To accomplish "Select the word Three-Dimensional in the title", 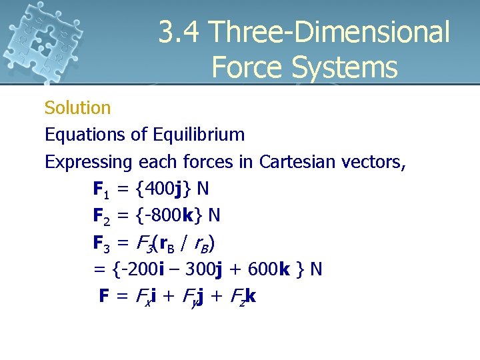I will pos(329,32).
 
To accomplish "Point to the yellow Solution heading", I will pos(77,107).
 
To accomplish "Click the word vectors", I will pos(375,162).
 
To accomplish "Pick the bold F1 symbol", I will pos(101,189).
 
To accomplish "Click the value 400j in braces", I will pos(163,189).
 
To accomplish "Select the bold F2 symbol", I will pos(101,216).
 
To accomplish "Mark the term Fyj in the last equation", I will pos(196,296).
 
